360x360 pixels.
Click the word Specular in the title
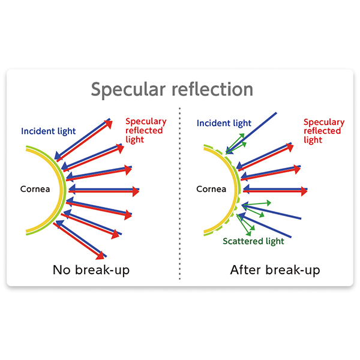coord(123,90)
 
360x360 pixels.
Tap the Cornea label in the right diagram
coord(211,190)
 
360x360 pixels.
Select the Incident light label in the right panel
coord(224,124)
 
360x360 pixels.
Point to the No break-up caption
coord(91,269)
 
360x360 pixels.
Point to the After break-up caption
coord(275,269)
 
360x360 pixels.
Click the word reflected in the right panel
coord(322,131)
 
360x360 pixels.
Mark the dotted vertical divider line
coord(180,192)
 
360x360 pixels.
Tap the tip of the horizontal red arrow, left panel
coord(138,191)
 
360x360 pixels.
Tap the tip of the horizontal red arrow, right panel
coord(306,191)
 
